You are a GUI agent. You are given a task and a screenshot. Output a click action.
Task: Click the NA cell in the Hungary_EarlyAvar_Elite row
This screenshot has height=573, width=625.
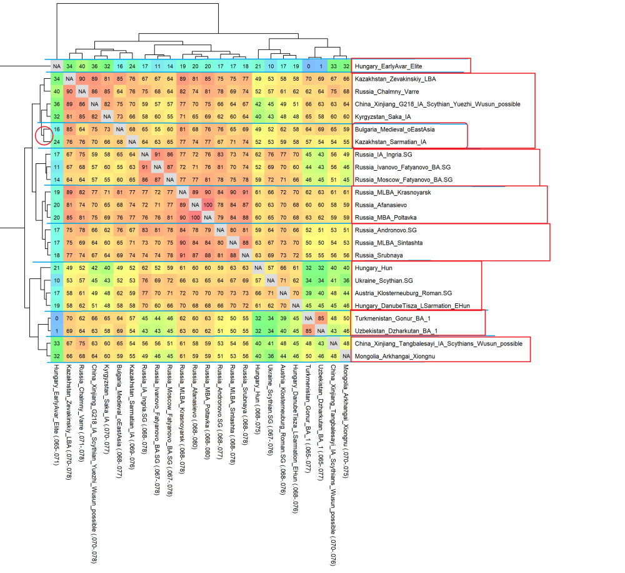pyautogui.click(x=57, y=66)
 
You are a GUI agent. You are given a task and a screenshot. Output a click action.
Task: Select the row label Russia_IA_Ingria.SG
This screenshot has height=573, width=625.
pyautogui.click(x=382, y=154)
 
